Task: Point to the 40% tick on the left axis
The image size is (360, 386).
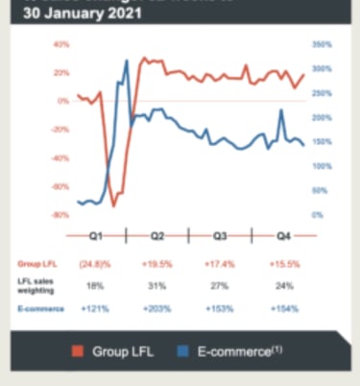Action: (61, 45)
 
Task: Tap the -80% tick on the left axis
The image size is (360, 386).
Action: (60, 215)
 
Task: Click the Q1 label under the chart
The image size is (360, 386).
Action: (97, 235)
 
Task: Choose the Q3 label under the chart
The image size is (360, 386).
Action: (220, 235)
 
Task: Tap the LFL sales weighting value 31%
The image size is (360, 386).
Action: (156, 285)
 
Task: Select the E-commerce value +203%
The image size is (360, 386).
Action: (156, 309)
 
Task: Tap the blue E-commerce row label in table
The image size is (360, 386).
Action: (36, 309)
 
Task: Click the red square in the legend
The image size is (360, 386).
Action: (80, 351)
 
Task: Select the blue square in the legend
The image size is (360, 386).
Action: (182, 351)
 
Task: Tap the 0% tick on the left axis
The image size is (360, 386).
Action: (63, 101)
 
